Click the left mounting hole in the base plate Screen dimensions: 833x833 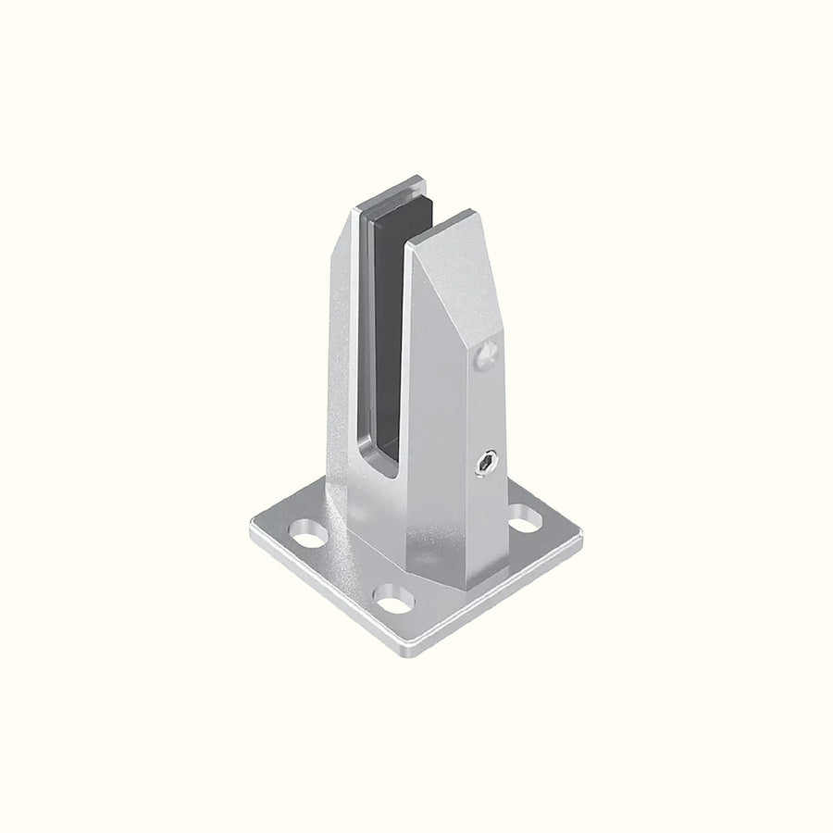point(308,534)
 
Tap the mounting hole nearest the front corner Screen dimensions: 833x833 point(393,599)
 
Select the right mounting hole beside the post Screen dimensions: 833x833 point(525,519)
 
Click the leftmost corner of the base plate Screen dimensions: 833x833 point(252,534)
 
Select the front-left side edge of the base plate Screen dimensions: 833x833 point(324,597)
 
